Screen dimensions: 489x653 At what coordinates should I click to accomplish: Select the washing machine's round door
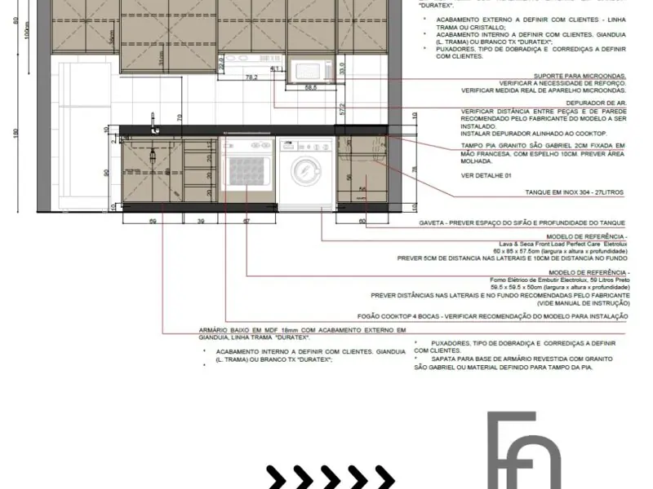coord(303,172)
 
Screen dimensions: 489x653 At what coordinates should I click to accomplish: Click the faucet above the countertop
coord(153,121)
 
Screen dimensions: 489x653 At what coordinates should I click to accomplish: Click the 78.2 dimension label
coord(251,77)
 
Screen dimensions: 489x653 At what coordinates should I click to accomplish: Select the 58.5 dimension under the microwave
coord(311,87)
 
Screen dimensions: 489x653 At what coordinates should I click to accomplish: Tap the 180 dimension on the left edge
coord(16,134)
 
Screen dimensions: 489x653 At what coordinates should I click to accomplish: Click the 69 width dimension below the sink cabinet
coord(153,221)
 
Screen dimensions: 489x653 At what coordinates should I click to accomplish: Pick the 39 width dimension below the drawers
coord(201,221)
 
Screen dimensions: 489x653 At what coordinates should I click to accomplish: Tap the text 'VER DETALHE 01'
coord(486,175)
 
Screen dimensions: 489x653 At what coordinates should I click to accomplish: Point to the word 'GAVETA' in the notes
coord(431,222)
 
